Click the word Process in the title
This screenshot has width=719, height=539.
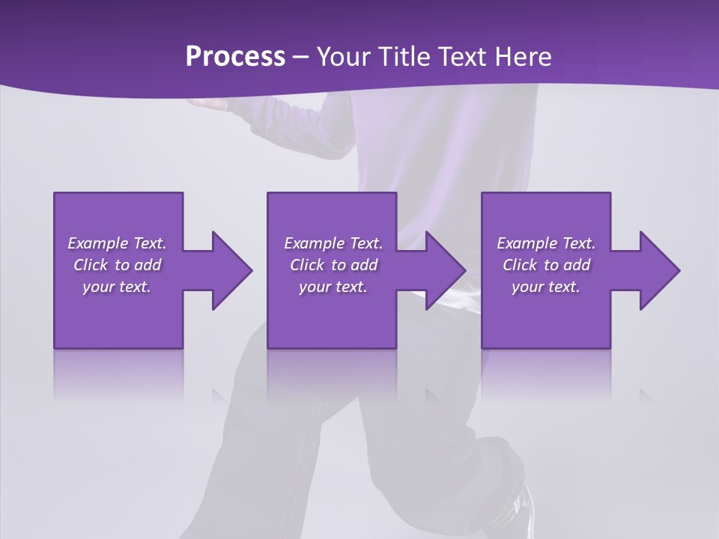pos(235,57)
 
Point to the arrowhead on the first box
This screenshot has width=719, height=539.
pos(228,270)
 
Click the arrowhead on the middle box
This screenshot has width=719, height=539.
pos(443,270)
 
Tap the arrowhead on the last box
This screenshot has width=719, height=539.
pos(656,270)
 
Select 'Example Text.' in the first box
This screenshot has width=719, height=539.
pos(118,243)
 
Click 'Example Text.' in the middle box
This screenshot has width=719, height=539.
pos(333,243)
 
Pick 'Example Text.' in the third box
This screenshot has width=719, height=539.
pos(546,243)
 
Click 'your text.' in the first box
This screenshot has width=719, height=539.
pos(117,287)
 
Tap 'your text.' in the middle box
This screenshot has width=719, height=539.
pos(333,287)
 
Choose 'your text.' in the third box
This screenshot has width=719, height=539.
pos(546,287)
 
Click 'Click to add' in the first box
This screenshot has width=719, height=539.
pos(118,265)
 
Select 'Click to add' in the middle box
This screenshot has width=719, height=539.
pos(333,265)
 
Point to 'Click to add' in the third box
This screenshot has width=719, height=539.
pos(546,265)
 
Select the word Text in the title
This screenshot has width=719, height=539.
pos(460,57)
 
